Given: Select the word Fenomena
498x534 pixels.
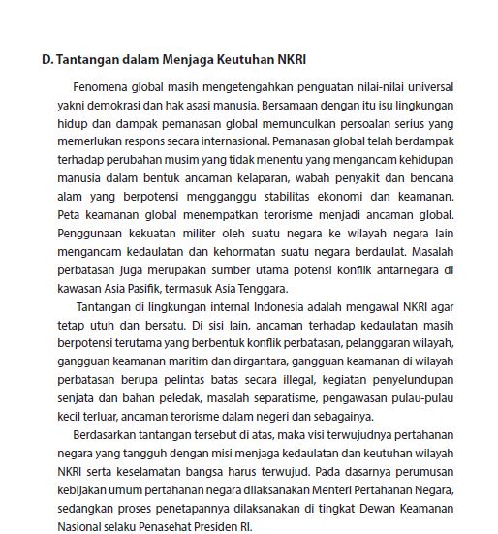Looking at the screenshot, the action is (100, 87).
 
